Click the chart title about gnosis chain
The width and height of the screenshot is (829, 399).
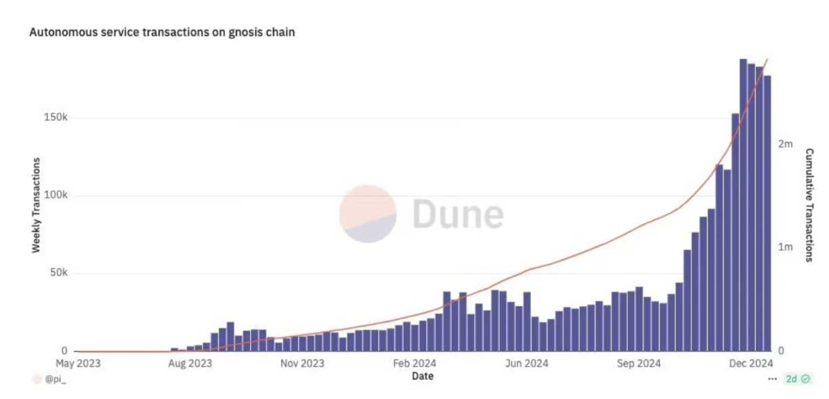click(x=162, y=32)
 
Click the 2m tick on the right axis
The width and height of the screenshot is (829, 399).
click(x=785, y=144)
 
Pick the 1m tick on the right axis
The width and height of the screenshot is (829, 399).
click(x=785, y=247)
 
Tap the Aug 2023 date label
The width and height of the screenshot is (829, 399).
click(x=190, y=363)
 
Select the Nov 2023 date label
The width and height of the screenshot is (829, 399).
click(x=302, y=363)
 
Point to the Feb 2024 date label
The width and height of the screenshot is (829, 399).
click(x=414, y=363)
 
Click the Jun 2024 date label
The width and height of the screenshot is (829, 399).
click(x=526, y=363)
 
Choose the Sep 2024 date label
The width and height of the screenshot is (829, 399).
click(x=639, y=363)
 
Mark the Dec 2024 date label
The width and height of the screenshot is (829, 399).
click(x=750, y=363)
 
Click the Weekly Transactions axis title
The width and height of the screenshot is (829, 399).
click(x=37, y=205)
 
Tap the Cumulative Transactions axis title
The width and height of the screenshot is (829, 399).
click(x=809, y=205)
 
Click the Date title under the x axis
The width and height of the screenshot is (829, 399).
click(x=423, y=375)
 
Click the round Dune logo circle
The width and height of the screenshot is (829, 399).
click(x=368, y=213)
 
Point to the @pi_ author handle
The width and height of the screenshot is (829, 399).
click(x=56, y=379)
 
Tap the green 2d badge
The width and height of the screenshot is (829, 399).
click(x=798, y=379)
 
